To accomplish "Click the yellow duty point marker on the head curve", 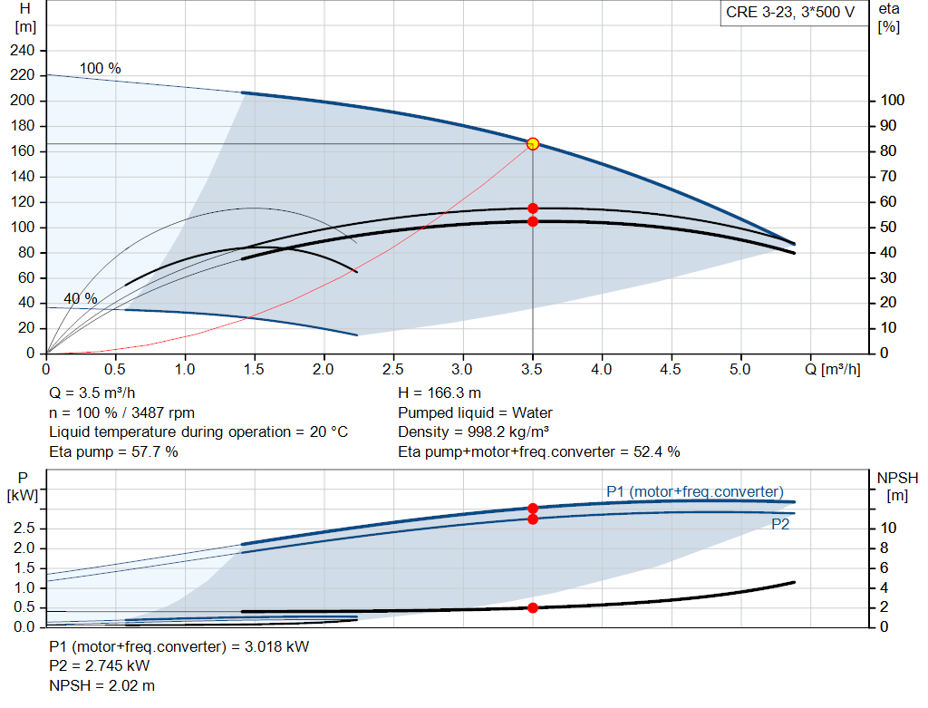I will (533, 143).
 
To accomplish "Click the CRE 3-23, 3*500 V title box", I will (790, 14).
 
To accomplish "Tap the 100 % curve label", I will (100, 69).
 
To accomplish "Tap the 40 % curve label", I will (80, 298).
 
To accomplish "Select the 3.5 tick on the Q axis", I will (533, 369).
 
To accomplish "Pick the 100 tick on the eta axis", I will (893, 101).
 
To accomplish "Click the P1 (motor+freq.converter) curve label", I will (694, 491).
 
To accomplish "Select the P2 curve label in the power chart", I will (780, 524).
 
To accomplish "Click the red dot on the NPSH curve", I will (533, 607).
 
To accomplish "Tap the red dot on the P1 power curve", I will (533, 509).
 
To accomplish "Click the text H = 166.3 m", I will (440, 393).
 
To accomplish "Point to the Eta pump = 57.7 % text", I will (113, 451).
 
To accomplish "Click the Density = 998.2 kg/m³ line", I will (474, 432).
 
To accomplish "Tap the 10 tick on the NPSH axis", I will (888, 529).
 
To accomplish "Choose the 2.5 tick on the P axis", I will (25, 529).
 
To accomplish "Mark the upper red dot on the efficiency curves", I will (533, 209).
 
